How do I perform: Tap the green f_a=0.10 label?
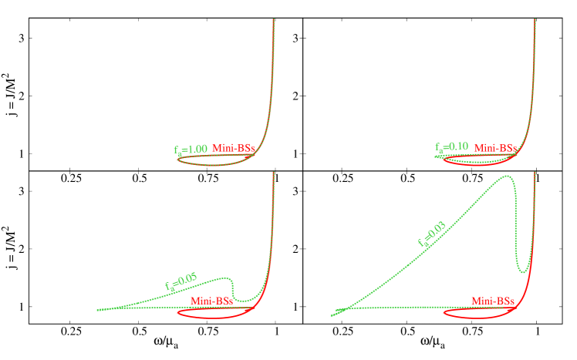coord(451,146)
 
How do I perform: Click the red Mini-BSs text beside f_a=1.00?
coord(233,148)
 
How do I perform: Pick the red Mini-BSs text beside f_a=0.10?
coord(494,147)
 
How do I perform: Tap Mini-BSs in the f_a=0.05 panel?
coord(211,301)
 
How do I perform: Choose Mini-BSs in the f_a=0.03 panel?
coord(493,301)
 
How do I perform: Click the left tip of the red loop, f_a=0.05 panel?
coord(178,313)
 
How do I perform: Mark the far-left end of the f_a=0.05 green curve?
coord(98,310)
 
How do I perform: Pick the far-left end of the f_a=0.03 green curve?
coord(332,315)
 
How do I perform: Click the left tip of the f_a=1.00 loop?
coord(177,159)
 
